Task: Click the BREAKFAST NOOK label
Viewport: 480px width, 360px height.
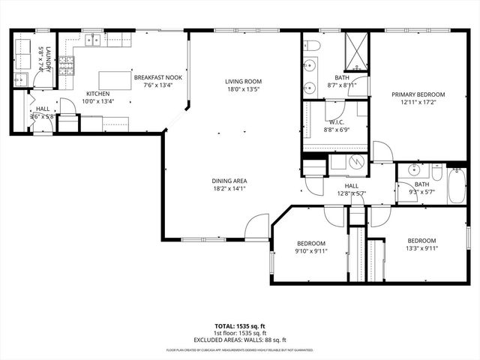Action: pos(157,77)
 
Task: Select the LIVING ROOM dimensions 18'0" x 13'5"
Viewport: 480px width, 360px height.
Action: pos(242,89)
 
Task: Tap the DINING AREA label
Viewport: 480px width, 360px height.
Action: pos(229,181)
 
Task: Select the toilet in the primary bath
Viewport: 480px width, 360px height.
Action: pos(313,47)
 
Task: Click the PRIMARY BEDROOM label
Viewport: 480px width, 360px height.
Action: pos(418,94)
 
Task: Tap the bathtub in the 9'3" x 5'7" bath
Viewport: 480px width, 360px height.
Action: pos(457,185)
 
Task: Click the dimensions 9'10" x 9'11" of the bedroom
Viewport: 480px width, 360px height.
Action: pos(310,252)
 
